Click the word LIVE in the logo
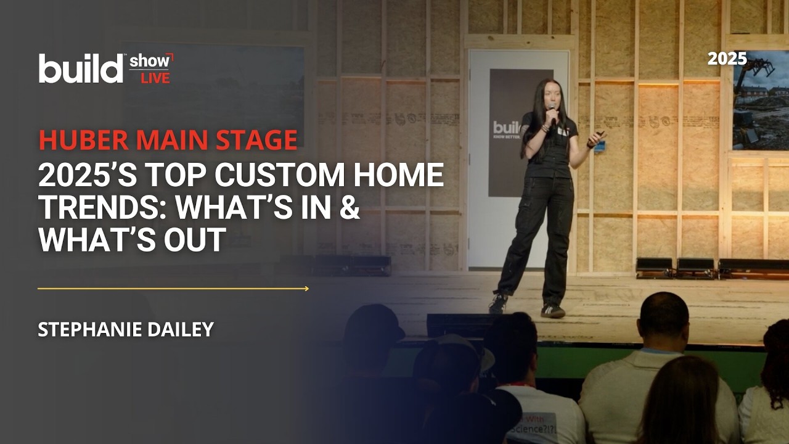pos(155,78)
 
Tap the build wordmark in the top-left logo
pos(81,68)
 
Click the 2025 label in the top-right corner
pos(727,59)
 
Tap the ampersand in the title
pos(350,209)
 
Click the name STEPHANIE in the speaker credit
pos(91,330)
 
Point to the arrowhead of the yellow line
pos(306,288)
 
